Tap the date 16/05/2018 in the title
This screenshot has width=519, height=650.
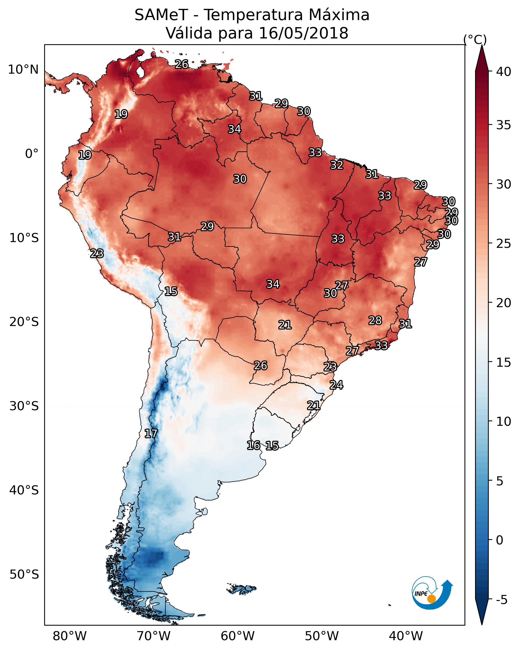(x=303, y=33)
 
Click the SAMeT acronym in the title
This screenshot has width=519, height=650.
(x=161, y=15)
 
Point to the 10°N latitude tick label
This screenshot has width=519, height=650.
(x=23, y=70)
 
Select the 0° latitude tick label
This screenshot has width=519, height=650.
(x=32, y=154)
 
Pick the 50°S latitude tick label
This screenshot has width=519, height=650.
(x=24, y=574)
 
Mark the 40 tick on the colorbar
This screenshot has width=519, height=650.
(x=503, y=72)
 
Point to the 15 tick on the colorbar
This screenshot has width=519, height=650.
(x=503, y=362)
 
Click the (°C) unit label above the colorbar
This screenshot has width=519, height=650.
(x=475, y=39)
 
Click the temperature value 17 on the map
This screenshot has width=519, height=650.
(x=151, y=434)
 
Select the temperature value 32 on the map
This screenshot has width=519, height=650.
(x=336, y=165)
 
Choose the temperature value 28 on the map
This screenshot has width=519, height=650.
(x=375, y=320)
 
